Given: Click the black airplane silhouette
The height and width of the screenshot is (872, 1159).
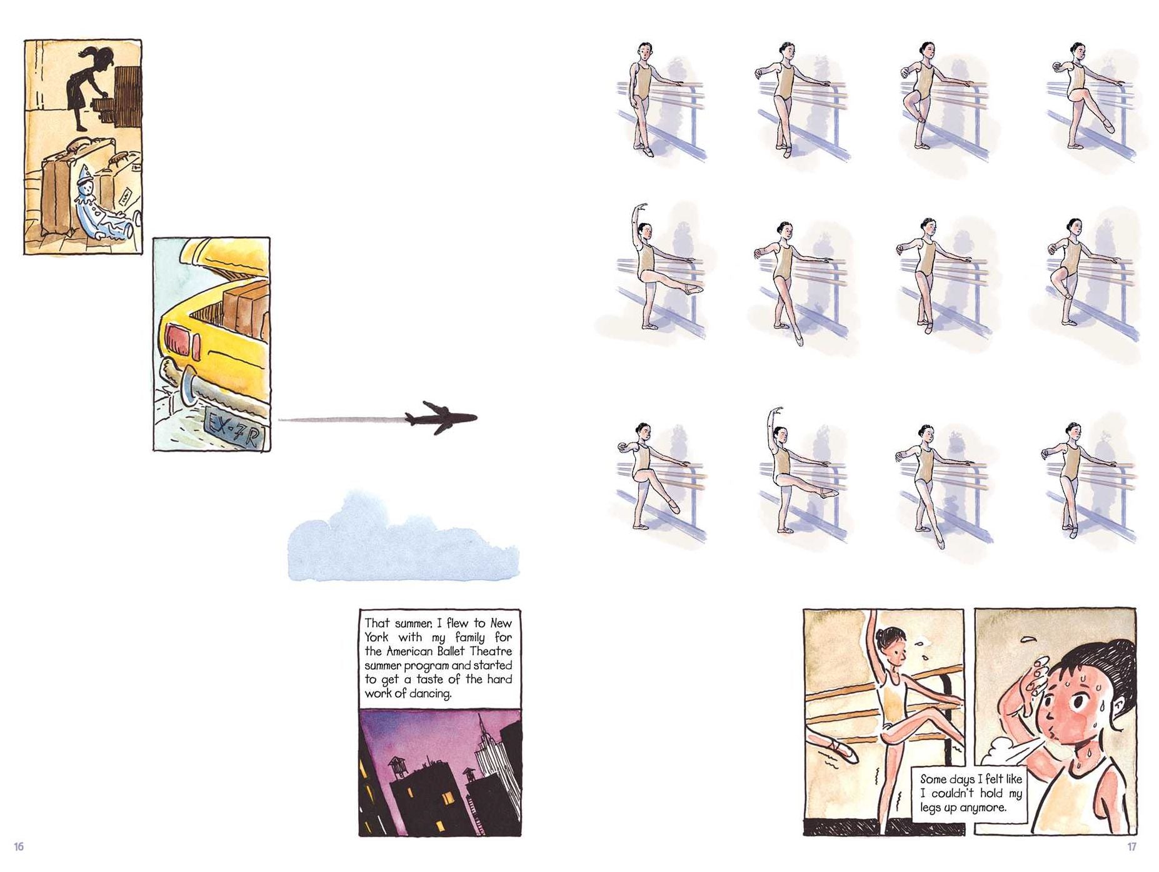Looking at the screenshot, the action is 441,417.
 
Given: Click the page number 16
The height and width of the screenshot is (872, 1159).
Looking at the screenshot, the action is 19,846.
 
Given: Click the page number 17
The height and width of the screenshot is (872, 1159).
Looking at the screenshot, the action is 1131,847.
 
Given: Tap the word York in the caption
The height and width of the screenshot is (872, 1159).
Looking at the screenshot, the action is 376,637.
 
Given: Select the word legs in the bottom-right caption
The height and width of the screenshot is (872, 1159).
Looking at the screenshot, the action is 930,808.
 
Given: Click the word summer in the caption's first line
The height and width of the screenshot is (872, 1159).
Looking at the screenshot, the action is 413,623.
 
